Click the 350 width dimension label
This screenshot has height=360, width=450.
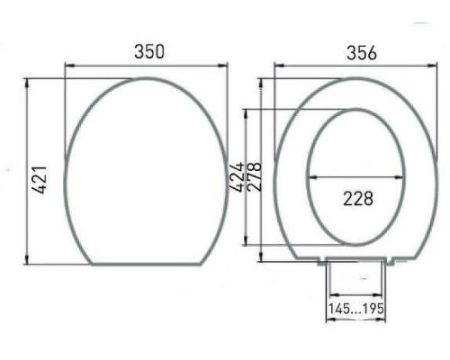click(148, 51)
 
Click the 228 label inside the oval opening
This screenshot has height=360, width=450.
click(357, 197)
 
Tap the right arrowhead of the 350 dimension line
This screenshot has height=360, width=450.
click(225, 65)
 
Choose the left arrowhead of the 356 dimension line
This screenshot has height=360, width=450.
click(278, 65)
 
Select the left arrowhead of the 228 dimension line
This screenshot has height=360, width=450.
click(311, 178)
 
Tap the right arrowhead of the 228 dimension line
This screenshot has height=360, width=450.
click(402, 178)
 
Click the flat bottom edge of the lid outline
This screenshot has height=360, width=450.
click(147, 265)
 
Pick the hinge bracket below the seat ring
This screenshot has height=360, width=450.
click(357, 262)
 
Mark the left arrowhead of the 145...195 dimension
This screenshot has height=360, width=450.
click(329, 293)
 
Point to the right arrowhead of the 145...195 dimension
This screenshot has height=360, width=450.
click(387, 293)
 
